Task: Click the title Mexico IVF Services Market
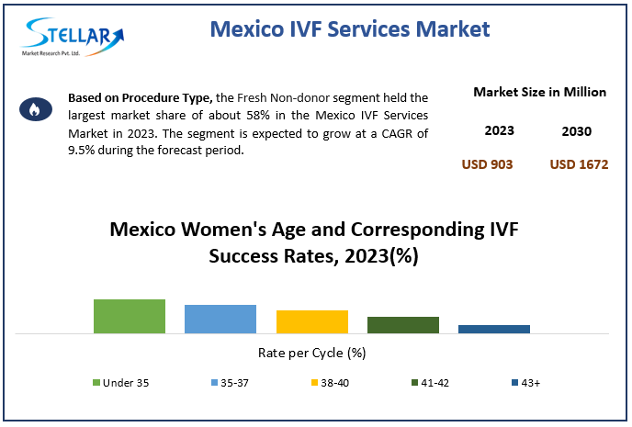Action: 350,29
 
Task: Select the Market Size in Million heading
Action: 539,92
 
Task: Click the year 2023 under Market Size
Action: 499,131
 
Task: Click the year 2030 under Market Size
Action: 576,131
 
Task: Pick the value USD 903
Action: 487,164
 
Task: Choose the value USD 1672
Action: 579,164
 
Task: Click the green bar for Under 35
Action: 130,316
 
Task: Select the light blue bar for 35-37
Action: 220,319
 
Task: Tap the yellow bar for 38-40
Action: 312,321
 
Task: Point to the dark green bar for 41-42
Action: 403,324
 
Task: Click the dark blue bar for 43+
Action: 494,329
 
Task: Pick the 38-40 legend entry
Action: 328,383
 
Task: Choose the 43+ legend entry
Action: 524,383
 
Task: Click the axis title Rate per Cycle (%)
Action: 312,353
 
